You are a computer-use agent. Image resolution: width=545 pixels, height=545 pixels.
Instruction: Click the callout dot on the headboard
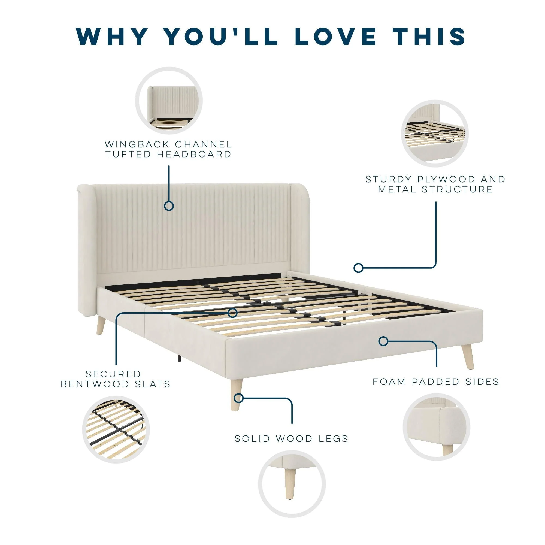[x=169, y=206]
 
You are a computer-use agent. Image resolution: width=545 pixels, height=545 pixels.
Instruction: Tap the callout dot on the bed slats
[x=232, y=313]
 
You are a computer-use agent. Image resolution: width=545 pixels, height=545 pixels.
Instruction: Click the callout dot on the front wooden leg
[x=239, y=398]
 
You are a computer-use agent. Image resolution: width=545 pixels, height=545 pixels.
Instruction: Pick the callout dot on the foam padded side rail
[x=383, y=341]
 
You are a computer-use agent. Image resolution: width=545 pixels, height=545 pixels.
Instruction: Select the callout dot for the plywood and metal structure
[x=358, y=268]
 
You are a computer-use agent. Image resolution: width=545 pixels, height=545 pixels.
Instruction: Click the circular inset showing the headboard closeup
[x=169, y=101]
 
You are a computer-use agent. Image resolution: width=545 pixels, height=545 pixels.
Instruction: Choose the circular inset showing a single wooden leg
[x=292, y=484]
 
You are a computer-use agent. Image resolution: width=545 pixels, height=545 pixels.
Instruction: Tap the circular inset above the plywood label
[x=435, y=134]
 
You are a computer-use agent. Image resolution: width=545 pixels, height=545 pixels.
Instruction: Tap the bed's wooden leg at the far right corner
[x=467, y=357]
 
